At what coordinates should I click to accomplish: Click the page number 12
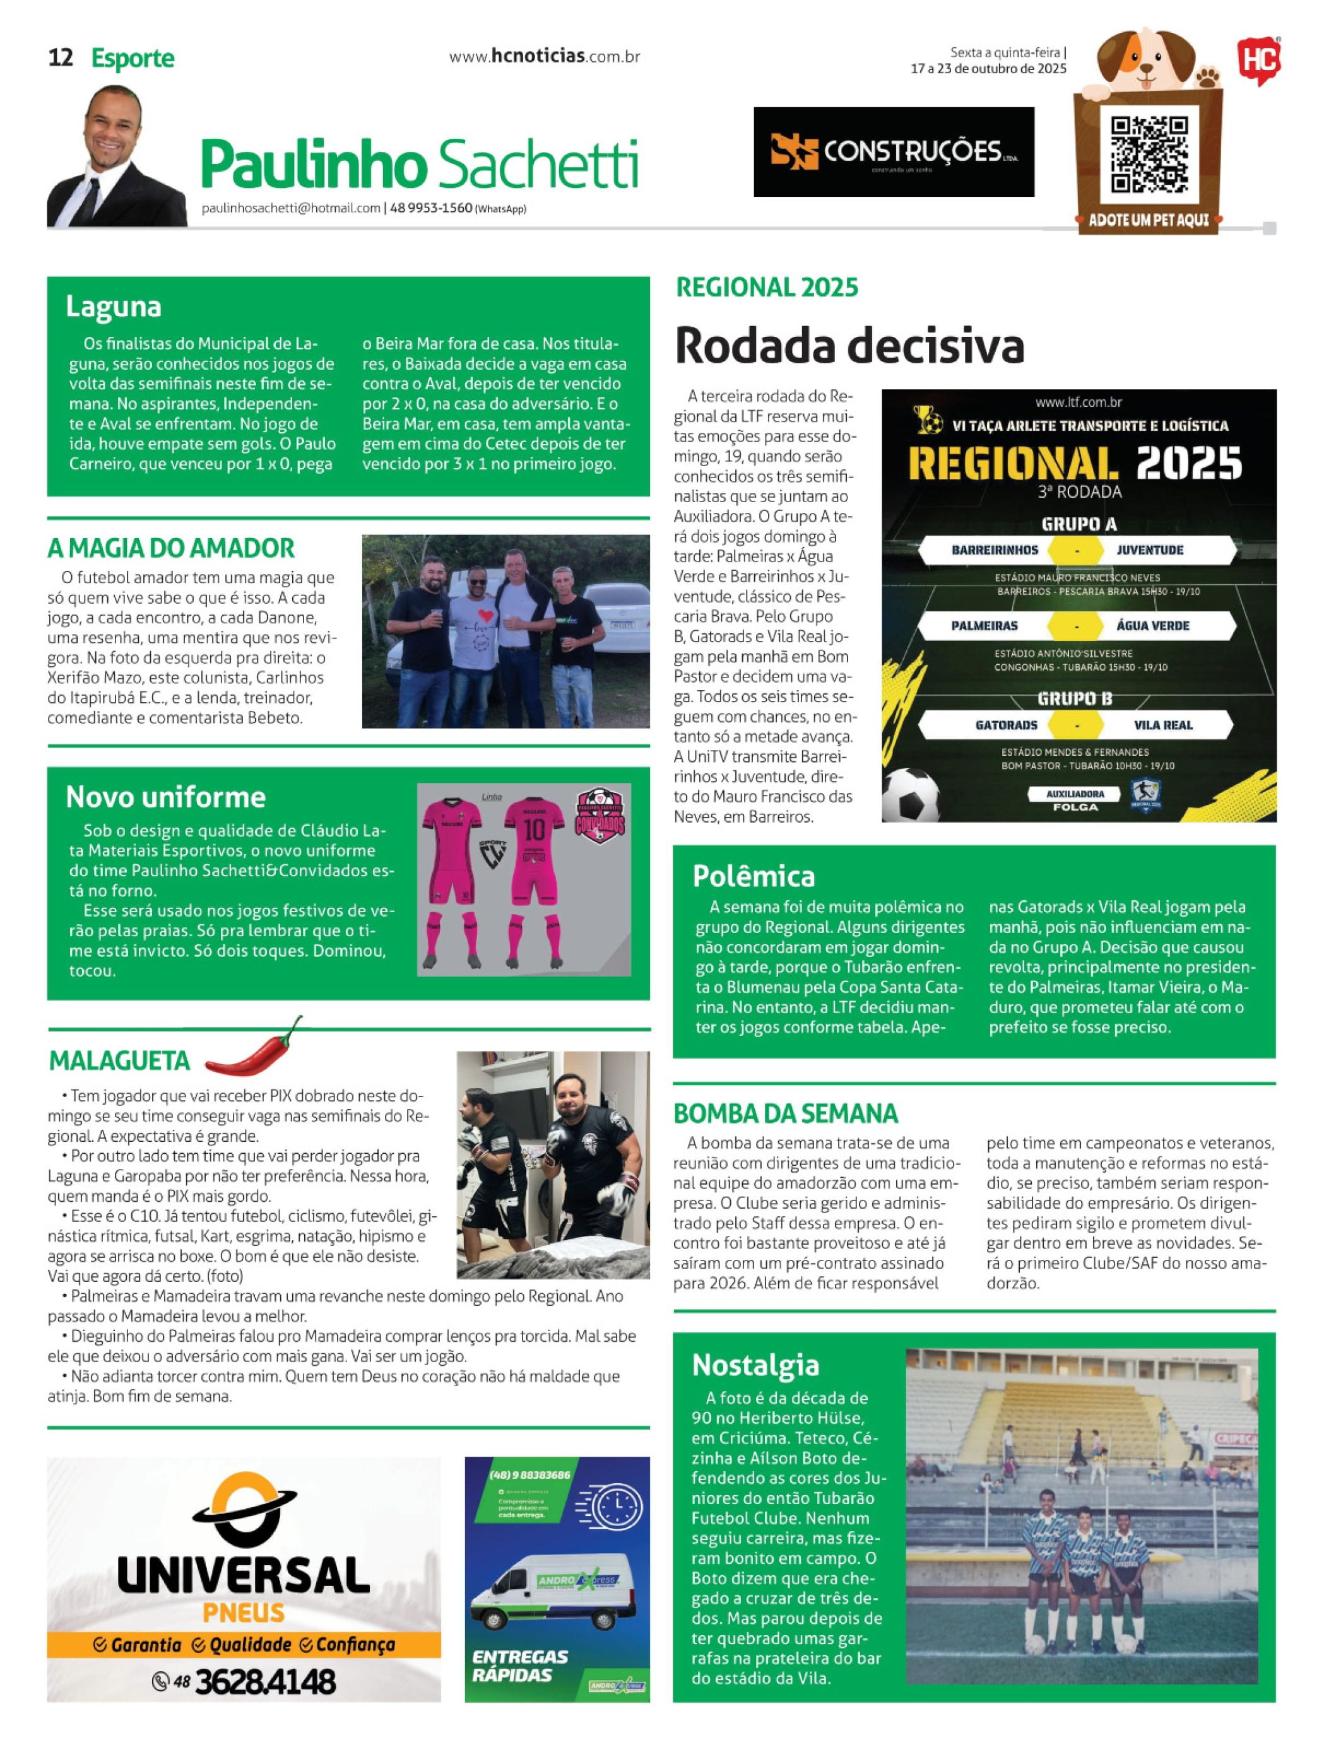pyautogui.click(x=61, y=58)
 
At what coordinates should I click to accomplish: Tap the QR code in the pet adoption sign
pyautogui.click(x=1149, y=155)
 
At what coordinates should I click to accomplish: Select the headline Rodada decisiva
pyautogui.click(x=849, y=346)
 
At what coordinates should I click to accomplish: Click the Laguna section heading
pyautogui.click(x=113, y=306)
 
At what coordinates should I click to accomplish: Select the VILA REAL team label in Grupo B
pyautogui.click(x=1162, y=725)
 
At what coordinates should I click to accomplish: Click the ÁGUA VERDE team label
pyautogui.click(x=1152, y=626)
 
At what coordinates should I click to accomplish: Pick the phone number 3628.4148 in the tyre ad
pyautogui.click(x=264, y=1681)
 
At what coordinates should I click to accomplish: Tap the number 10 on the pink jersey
pyautogui.click(x=534, y=829)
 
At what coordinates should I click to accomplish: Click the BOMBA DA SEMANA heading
pyautogui.click(x=785, y=1113)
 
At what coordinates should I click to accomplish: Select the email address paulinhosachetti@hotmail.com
pyautogui.click(x=290, y=208)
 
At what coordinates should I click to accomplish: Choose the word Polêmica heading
pyautogui.click(x=753, y=876)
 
